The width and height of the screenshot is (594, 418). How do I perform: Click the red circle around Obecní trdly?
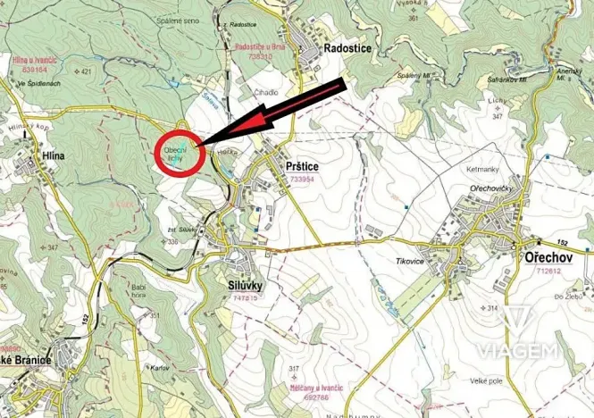[x=181, y=152]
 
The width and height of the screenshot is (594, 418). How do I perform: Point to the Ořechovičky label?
[x=490, y=189]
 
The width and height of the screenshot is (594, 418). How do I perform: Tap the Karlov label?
[x=161, y=367]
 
